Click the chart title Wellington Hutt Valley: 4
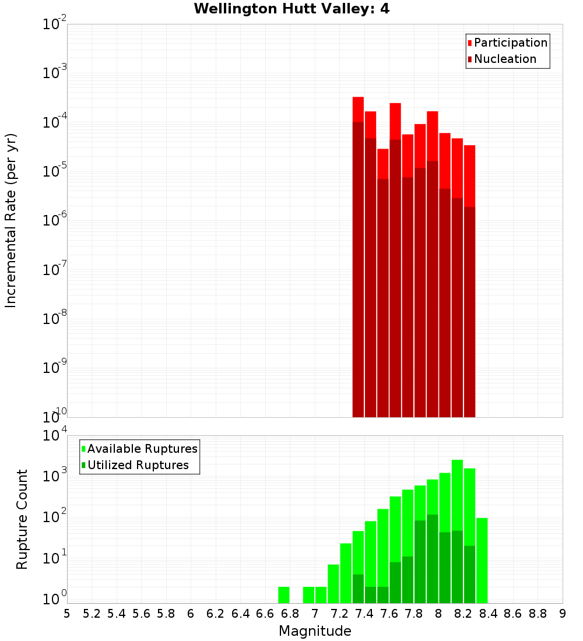coord(291,9)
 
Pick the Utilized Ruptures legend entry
coord(138,465)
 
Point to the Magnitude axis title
coord(315,631)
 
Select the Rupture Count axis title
coord(22,519)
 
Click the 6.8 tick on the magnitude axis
coord(290,614)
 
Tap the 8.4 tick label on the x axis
coord(488,614)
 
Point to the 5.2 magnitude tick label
coord(92,614)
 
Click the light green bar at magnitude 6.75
coord(283,595)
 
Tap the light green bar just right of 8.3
coord(482,559)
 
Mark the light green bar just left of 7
coord(308,595)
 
